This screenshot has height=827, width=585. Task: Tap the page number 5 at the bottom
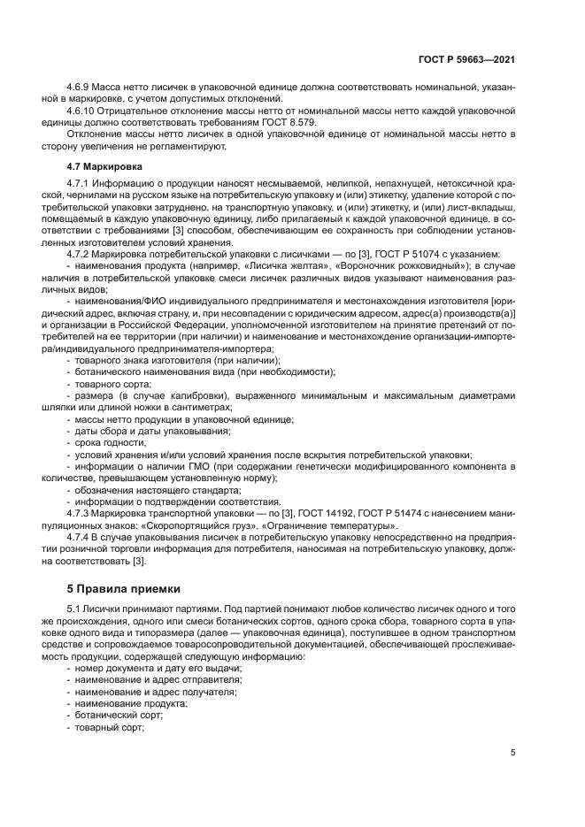pyautogui.click(x=512, y=753)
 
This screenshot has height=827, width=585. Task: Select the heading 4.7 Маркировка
pyautogui.click(x=104, y=166)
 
